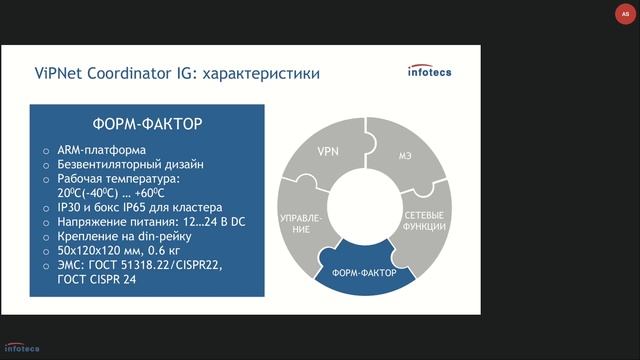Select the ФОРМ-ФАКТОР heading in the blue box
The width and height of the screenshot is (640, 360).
point(148,124)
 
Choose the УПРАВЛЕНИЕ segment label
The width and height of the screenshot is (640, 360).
point(301,222)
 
